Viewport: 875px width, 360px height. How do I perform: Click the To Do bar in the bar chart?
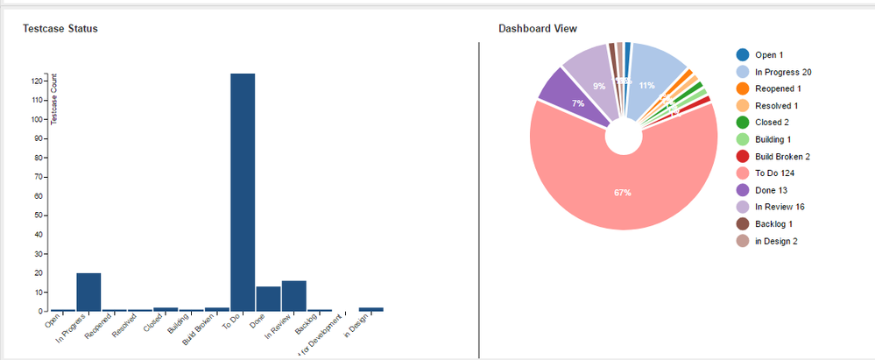tap(243, 193)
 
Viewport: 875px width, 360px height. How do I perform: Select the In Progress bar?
tap(88, 293)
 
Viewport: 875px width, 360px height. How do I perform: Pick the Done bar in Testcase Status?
tap(268, 299)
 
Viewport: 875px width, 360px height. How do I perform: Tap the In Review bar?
tap(294, 296)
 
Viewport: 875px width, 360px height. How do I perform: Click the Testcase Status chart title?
tap(60, 29)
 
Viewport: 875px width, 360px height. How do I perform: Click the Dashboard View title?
tap(538, 29)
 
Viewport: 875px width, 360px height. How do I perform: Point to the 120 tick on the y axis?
tap(39, 81)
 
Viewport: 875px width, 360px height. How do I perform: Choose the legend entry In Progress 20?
tap(783, 72)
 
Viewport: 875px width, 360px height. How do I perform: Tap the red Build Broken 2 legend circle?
tap(743, 156)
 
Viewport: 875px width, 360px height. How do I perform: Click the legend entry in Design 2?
tap(777, 240)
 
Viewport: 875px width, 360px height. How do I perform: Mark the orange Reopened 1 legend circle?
tap(743, 88)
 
